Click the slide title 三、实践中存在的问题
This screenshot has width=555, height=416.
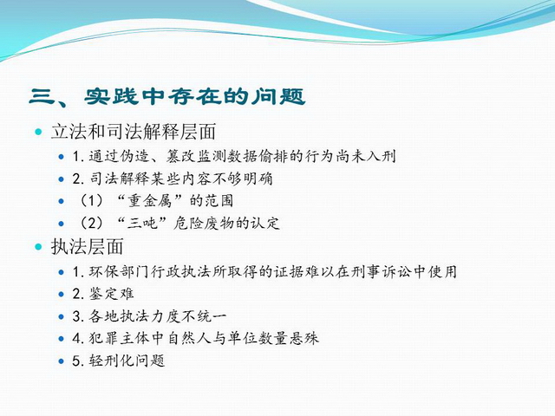(x=167, y=96)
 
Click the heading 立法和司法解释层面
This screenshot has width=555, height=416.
(x=134, y=132)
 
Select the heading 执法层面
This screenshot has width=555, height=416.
(x=88, y=246)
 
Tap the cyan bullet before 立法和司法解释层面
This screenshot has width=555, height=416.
(x=38, y=132)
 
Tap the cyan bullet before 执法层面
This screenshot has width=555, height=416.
(x=38, y=246)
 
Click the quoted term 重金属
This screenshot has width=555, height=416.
(x=150, y=201)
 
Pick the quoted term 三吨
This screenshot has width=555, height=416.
(x=142, y=224)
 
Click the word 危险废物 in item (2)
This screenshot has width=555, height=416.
(x=205, y=224)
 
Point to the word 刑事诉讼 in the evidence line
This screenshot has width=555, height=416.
(x=382, y=271)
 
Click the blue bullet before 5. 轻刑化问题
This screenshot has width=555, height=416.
(x=62, y=361)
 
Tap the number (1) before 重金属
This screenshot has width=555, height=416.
(x=91, y=201)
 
